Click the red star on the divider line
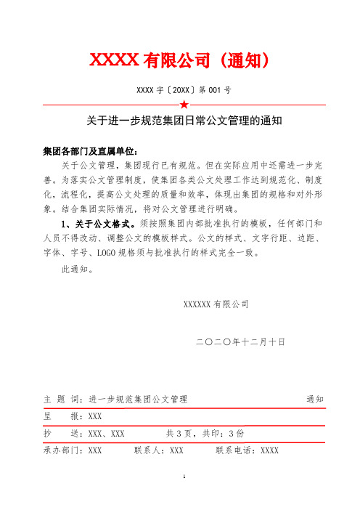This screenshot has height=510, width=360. tap(184, 105)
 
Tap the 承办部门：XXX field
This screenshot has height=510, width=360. tap(73, 450)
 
